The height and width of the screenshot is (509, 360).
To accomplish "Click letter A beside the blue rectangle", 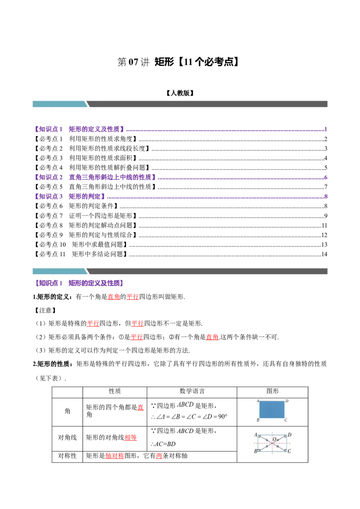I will tap(257, 400).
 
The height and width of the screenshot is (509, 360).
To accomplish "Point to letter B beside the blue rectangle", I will tap(257, 421).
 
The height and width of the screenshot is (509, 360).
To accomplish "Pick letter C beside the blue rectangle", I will tap(286, 421).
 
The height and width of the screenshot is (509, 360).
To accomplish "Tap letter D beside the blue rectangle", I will tap(287, 400).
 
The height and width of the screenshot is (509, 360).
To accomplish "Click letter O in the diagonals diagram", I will tap(274, 439).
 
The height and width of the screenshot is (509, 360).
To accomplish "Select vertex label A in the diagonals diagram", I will tap(256, 435).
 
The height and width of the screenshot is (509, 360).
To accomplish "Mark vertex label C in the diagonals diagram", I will tap(289, 451).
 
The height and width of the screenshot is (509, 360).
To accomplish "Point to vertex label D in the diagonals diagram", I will tap(289, 435).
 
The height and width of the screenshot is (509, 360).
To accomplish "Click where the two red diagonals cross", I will tap(273, 443).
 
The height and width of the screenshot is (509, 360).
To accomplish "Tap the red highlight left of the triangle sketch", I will tap(140, 408).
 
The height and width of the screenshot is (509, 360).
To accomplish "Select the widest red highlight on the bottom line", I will tap(114, 456).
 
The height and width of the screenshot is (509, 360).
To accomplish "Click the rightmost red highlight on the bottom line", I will tap(158, 456).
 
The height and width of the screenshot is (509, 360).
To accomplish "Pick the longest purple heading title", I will tap(113, 178).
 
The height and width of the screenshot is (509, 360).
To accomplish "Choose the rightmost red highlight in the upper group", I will tap(212, 337).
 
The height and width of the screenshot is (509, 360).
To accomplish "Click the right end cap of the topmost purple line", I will tap(326, 129).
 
